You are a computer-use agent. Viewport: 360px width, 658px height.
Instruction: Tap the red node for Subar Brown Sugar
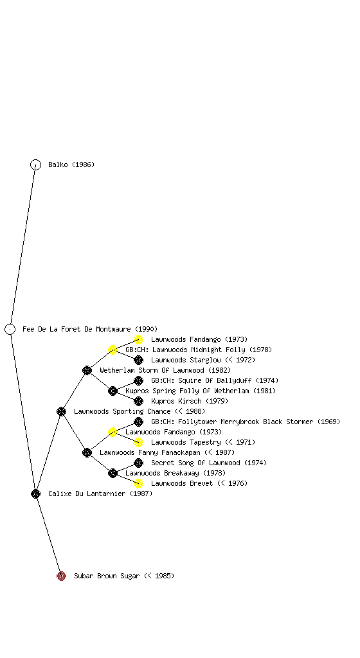pos(61,576)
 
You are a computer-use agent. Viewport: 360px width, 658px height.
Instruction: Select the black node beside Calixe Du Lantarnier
pos(35,493)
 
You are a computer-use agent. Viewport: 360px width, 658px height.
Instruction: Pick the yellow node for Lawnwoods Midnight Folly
pos(113,350)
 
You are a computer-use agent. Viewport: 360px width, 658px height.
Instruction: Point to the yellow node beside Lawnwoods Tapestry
pos(138,442)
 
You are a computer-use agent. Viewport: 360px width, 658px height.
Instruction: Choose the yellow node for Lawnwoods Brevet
pos(138,483)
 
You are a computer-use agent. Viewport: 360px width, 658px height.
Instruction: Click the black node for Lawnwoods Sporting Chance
pos(61,411)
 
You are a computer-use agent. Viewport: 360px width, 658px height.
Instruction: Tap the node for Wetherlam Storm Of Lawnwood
pos(87,370)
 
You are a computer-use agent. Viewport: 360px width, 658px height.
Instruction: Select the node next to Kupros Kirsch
pos(138,401)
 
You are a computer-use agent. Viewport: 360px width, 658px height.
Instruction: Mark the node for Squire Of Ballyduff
pos(138,380)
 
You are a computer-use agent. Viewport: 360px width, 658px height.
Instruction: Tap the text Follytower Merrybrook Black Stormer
pos(246,422)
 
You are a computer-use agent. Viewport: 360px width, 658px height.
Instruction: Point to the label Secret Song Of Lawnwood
pos(195,463)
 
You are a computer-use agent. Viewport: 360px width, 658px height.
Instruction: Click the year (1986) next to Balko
pos(83,164)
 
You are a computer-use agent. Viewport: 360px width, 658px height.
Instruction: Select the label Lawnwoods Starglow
pos(186,360)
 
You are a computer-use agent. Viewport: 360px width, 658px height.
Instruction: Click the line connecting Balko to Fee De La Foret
pos(23,247)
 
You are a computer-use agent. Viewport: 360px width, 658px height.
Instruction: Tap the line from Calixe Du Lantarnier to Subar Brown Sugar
pos(49,535)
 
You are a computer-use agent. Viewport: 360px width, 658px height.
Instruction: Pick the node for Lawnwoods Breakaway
pos(113,473)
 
